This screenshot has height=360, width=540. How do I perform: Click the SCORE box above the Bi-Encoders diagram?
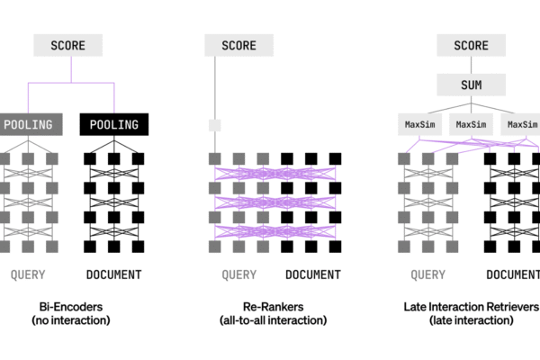point(68,45)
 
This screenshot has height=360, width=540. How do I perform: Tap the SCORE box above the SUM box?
point(471,45)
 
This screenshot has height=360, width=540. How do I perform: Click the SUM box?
point(471,85)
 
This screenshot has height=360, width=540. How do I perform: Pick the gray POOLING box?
point(28,125)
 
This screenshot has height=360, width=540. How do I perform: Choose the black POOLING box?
point(113,125)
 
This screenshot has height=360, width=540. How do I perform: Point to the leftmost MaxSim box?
point(420,123)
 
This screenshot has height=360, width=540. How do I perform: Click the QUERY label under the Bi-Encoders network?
point(28,274)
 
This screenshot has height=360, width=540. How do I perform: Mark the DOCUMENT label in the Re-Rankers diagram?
point(312,274)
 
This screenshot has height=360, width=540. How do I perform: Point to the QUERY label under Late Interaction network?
point(427,274)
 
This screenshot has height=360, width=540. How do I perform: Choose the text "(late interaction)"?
point(470,320)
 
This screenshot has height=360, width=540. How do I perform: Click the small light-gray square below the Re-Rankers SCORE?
point(214,125)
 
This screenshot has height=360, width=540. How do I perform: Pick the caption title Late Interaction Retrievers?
point(470,306)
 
